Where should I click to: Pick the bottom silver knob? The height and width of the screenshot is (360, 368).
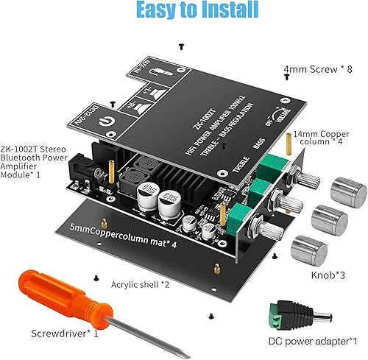305,249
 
